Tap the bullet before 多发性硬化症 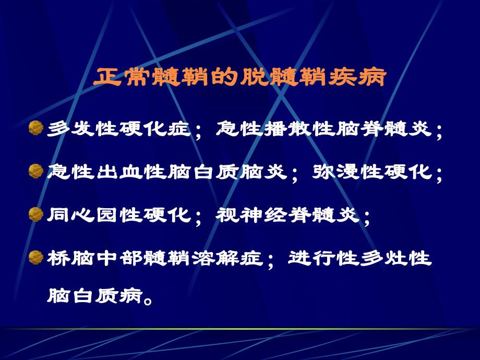tap(35, 128)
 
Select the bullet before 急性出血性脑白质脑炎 tap(35, 171)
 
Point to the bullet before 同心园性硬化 tap(35, 214)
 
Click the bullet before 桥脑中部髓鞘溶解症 tap(35, 257)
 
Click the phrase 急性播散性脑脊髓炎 tap(324, 129)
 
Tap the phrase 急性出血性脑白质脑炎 tap(166, 172)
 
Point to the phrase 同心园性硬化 tap(118, 214)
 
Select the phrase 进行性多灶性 tap(360, 257)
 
